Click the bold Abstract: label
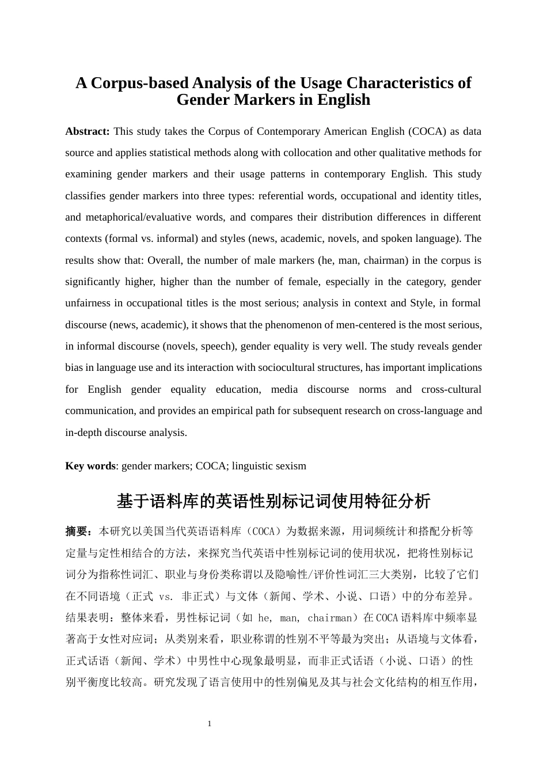click(87, 131)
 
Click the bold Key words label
click(90, 466)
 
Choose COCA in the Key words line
click(211, 466)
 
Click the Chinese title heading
click(273, 501)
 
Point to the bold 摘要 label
click(76, 531)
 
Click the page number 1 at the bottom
click(210, 723)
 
